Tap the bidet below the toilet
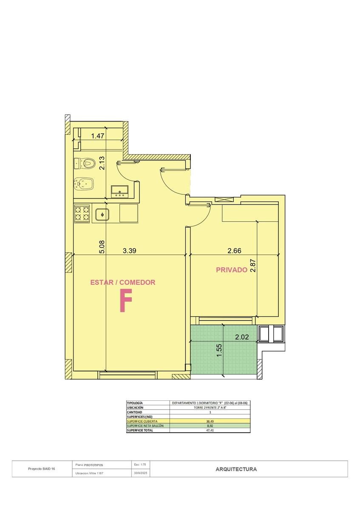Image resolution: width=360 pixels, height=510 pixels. click(x=84, y=184)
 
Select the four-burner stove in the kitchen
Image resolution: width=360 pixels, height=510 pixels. click(x=82, y=213)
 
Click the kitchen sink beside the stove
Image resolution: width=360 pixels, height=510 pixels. click(x=102, y=214)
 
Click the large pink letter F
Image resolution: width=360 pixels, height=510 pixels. click(x=126, y=300)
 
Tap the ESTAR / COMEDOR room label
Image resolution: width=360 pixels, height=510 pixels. click(x=123, y=282)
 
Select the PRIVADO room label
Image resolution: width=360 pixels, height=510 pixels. click(x=232, y=270)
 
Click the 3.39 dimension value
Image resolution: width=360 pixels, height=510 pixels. click(x=129, y=251)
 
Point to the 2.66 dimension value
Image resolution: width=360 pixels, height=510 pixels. click(x=234, y=251)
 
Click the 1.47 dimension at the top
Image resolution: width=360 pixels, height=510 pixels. click(x=98, y=136)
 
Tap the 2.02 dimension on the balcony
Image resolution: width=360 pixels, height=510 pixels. click(x=242, y=337)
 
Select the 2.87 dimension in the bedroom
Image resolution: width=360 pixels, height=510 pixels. click(x=253, y=266)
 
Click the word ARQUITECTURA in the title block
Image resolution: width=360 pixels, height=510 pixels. click(x=236, y=469)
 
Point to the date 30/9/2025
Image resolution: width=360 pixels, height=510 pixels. click(x=141, y=473)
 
